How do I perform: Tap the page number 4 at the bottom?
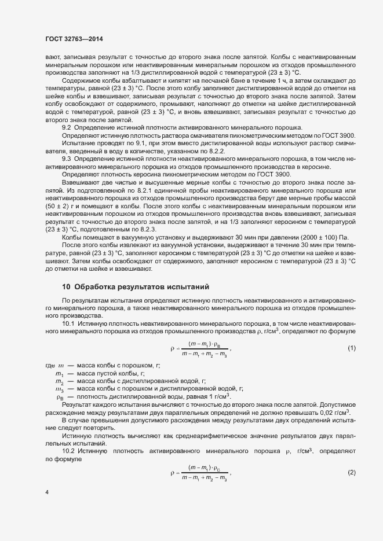[47, 492]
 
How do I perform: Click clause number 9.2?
[66, 127]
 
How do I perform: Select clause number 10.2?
[69, 450]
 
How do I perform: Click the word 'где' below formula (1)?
[51, 366]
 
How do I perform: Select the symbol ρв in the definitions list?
[60, 397]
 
